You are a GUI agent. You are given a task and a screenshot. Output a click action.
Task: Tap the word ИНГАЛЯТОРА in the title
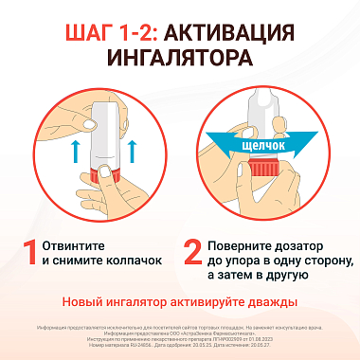tap(180, 60)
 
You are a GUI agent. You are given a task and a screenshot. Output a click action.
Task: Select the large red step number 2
tap(192, 251)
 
